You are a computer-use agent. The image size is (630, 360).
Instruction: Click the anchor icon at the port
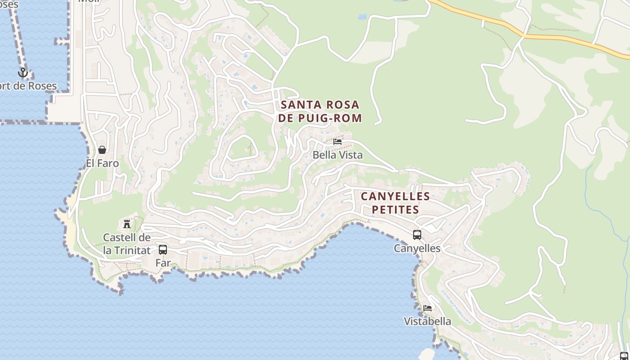click(22, 72)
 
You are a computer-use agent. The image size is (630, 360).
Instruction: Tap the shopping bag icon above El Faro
click(102, 150)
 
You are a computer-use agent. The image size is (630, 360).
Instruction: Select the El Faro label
click(102, 163)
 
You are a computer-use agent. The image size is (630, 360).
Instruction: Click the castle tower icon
click(127, 224)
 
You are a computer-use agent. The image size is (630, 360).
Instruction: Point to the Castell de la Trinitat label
click(126, 244)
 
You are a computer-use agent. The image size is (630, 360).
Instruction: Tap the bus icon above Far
click(163, 249)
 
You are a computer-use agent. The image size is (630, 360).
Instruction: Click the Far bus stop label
click(163, 263)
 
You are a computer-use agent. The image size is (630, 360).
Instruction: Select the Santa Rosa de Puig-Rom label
click(320, 112)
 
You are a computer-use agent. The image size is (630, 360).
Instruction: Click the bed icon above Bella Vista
click(337, 142)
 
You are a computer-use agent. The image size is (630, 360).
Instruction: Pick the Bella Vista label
click(337, 155)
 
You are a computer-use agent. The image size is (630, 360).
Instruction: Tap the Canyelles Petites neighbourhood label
click(396, 203)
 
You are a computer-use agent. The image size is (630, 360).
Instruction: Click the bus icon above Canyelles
click(417, 235)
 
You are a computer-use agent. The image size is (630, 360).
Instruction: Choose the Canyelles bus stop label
click(417, 248)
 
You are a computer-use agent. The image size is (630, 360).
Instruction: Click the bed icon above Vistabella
click(427, 308)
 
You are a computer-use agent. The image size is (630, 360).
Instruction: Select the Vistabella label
click(427, 322)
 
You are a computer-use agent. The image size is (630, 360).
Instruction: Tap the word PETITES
click(396, 210)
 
